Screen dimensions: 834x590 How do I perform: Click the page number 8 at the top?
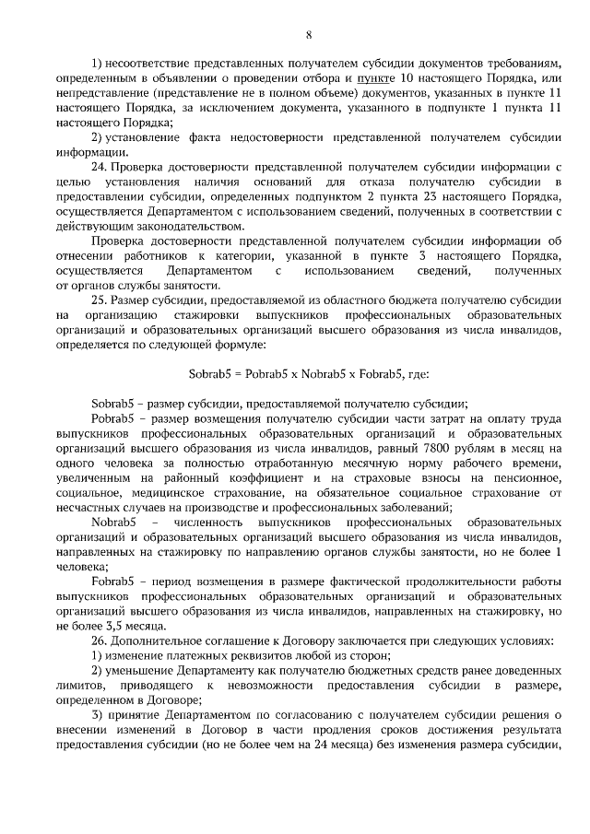pos(308,34)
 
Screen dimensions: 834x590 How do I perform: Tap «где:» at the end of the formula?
pos(415,374)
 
